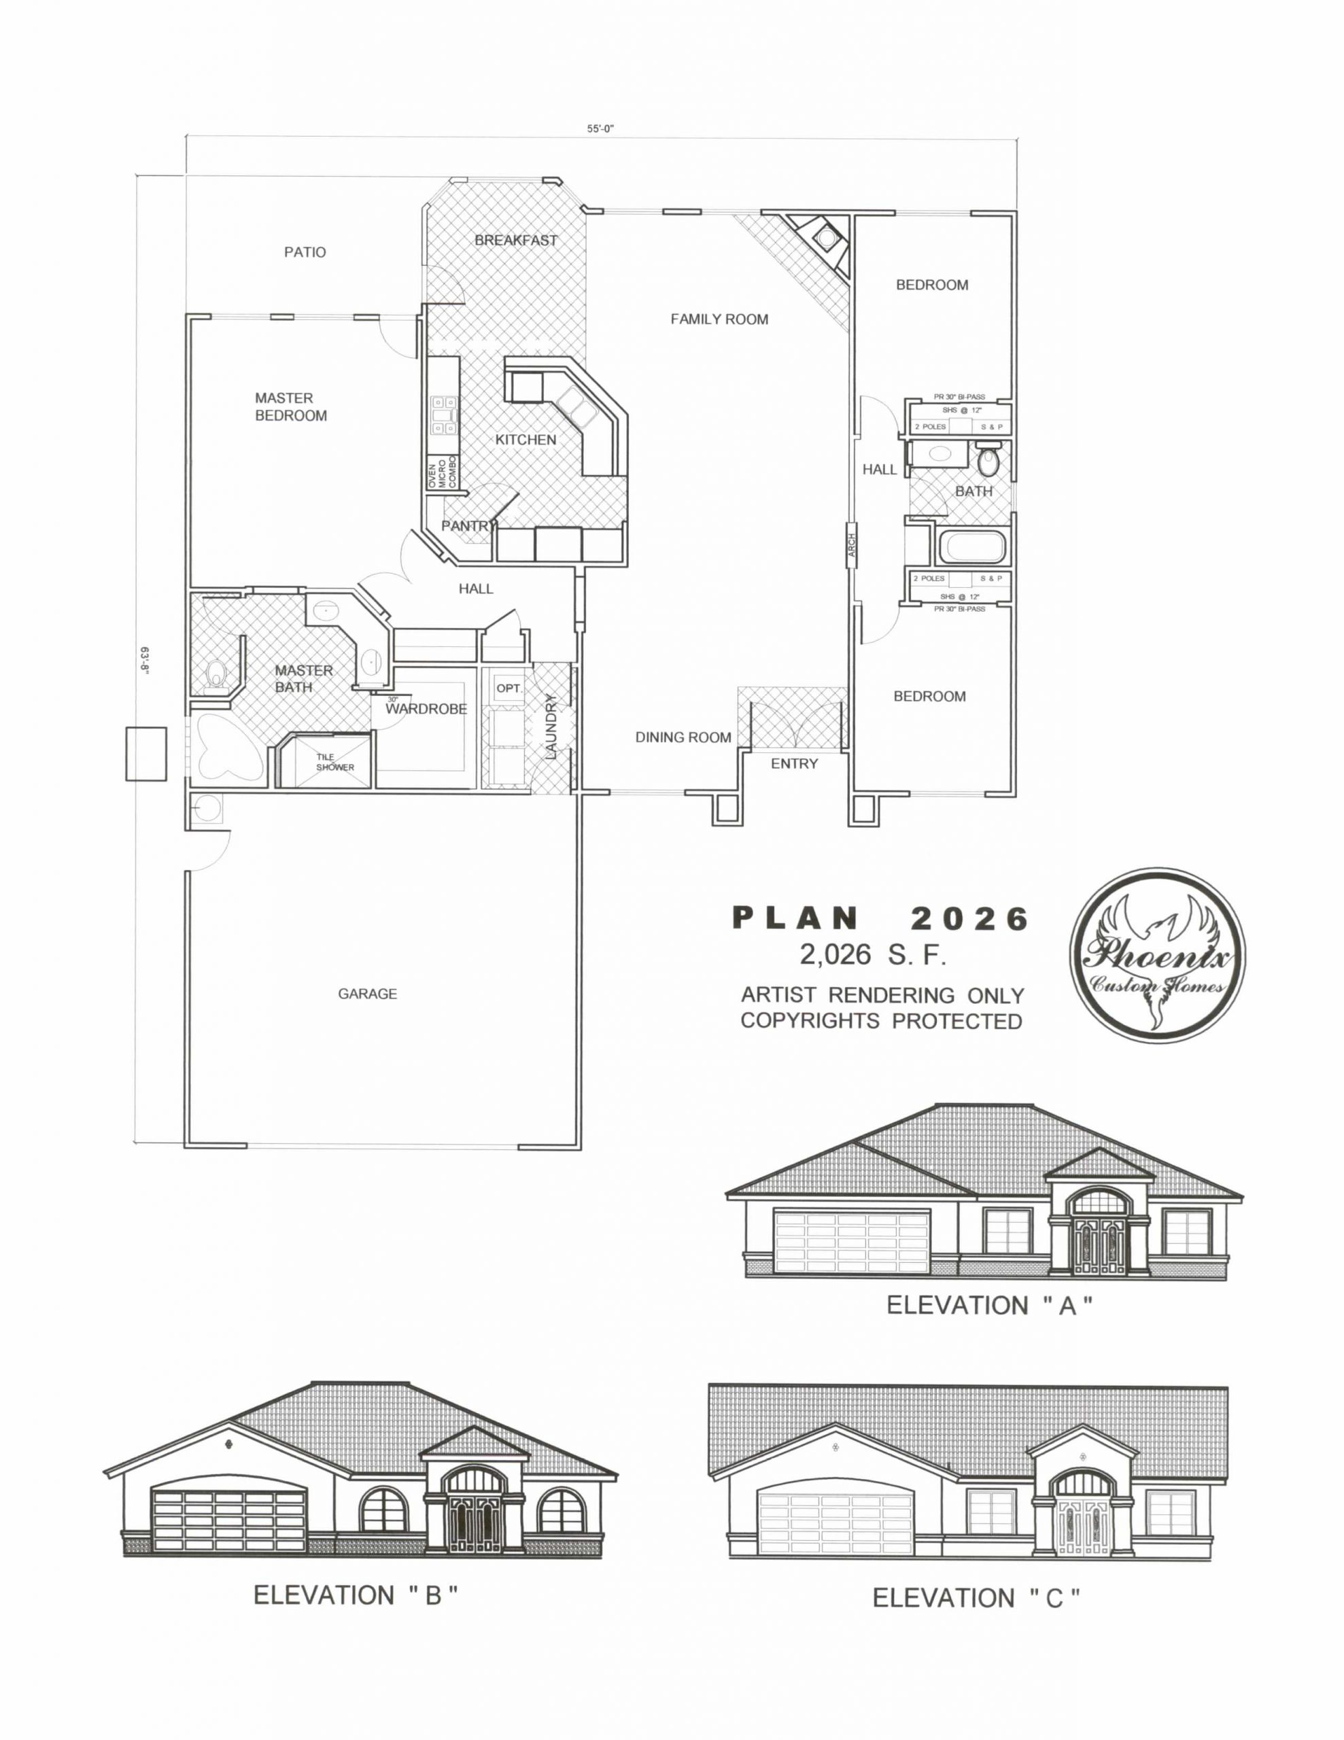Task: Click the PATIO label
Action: pyautogui.click(x=305, y=253)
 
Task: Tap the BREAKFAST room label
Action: pyautogui.click(x=515, y=240)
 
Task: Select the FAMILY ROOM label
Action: pyautogui.click(x=719, y=319)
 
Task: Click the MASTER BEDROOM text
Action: pyautogui.click(x=291, y=406)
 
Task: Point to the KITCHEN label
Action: pyautogui.click(x=525, y=440)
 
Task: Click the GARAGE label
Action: pyautogui.click(x=367, y=994)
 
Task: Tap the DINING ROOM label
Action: pyautogui.click(x=683, y=737)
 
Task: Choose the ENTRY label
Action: pyautogui.click(x=793, y=764)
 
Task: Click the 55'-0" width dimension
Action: pyautogui.click(x=602, y=128)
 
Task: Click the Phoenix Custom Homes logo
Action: pyautogui.click(x=1157, y=955)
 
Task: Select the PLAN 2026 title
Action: pyautogui.click(x=880, y=919)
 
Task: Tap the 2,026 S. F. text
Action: pyautogui.click(x=873, y=954)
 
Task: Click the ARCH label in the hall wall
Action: pyautogui.click(x=851, y=550)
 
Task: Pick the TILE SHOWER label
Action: pyautogui.click(x=334, y=763)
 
